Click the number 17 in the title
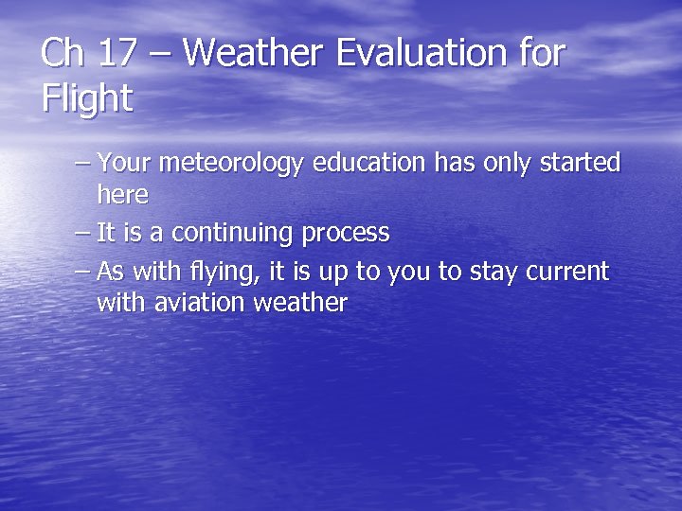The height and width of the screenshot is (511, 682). [116, 53]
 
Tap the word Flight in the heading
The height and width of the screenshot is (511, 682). [87, 98]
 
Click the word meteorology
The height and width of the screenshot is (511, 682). [231, 164]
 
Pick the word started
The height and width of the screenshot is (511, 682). [580, 164]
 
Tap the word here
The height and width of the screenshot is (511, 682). [122, 195]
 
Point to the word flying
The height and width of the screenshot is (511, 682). [230, 273]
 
